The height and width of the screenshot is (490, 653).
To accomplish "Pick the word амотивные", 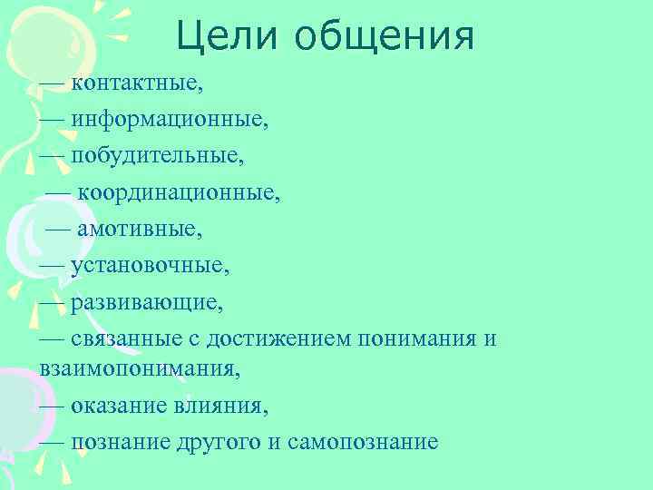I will (140, 229).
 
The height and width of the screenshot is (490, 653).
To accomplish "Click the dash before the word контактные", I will (52, 84).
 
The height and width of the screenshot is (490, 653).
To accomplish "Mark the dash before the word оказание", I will (52, 406).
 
